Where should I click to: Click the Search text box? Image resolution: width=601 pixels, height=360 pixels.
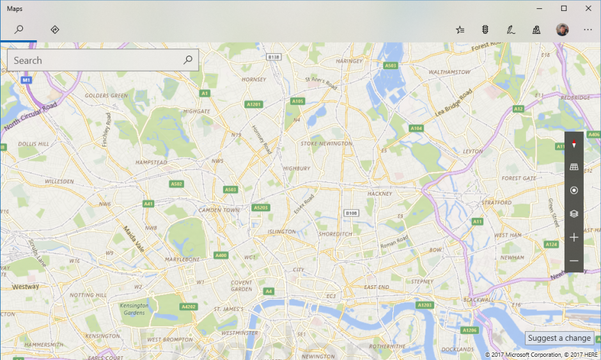pyautogui.click(x=96, y=61)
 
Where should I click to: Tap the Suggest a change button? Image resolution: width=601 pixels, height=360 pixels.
pyautogui.click(x=559, y=338)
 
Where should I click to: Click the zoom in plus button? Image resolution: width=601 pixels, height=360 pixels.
pyautogui.click(x=574, y=237)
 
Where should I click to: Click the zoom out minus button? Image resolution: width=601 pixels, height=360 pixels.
pyautogui.click(x=574, y=261)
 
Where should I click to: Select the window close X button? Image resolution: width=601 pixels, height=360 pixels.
pyautogui.click(x=588, y=8)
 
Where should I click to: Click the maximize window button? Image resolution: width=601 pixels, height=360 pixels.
pyautogui.click(x=564, y=8)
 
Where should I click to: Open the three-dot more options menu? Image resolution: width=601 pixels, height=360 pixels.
pyautogui.click(x=588, y=29)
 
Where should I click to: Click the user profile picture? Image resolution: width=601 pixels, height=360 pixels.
pyautogui.click(x=563, y=29)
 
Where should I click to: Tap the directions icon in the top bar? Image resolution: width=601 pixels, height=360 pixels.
pyautogui.click(x=55, y=29)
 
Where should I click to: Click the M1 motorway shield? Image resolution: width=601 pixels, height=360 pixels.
pyautogui.click(x=26, y=81)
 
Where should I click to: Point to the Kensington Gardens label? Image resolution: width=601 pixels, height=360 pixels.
pyautogui.click(x=134, y=309)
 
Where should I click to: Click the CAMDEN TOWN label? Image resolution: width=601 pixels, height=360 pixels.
pyautogui.click(x=219, y=210)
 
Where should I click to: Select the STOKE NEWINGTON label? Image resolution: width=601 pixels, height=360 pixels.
pyautogui.click(x=326, y=144)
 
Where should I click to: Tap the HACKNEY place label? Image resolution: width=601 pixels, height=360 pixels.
pyautogui.click(x=379, y=193)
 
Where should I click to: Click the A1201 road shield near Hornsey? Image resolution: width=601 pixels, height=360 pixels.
pyautogui.click(x=254, y=104)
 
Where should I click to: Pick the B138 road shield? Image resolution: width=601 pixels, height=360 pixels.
pyautogui.click(x=274, y=57)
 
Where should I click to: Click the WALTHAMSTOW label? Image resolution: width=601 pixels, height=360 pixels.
pyautogui.click(x=449, y=72)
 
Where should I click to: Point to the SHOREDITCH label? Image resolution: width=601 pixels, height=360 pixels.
pyautogui.click(x=335, y=234)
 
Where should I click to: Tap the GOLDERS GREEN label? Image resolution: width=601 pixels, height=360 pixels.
pyautogui.click(x=105, y=96)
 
